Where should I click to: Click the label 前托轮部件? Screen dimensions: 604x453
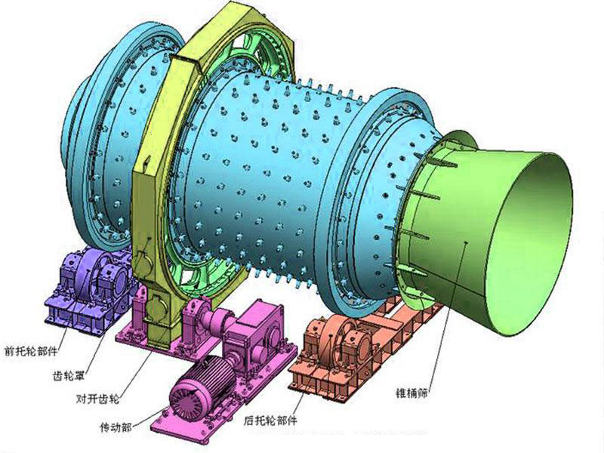pos(31,351)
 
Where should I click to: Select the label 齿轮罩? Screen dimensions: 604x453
pos(68,374)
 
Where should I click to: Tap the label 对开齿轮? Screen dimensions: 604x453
pos(97,399)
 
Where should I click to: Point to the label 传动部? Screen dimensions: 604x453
pos(116,427)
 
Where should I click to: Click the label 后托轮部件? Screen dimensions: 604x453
pos(270,421)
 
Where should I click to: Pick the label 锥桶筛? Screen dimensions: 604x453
pos(411,393)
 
